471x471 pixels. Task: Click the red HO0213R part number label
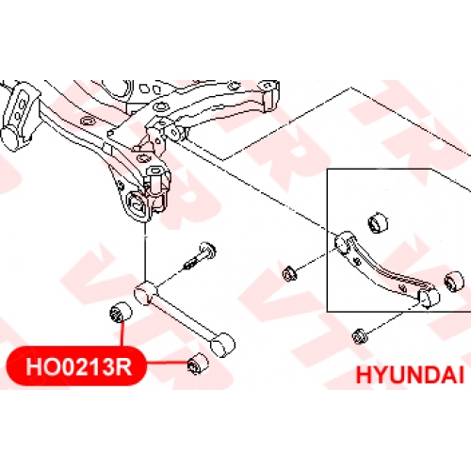75,365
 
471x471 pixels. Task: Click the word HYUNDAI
410,375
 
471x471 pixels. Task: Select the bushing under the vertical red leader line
121,313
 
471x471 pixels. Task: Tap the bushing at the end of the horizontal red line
198,364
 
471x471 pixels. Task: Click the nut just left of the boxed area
289,273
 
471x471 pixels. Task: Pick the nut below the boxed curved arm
358,336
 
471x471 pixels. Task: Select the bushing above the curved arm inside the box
378,223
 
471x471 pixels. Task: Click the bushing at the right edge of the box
454,281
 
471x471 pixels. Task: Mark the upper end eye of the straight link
145,293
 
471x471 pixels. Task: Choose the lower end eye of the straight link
222,345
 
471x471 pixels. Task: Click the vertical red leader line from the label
122,334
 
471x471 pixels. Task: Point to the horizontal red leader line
167,364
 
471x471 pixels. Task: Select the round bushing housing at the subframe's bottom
137,204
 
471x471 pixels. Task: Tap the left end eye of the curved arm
344,242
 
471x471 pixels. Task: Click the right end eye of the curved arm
430,298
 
